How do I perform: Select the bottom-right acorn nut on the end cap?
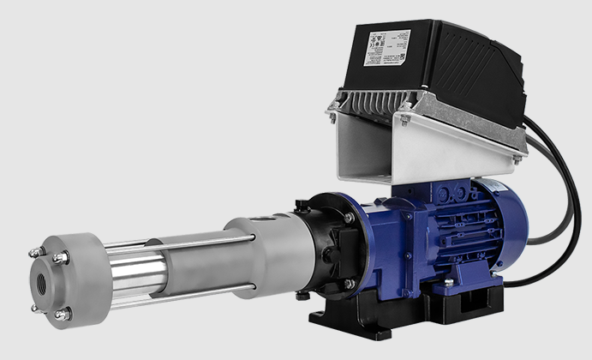click(62, 315)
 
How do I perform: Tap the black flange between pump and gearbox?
click(325, 244)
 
